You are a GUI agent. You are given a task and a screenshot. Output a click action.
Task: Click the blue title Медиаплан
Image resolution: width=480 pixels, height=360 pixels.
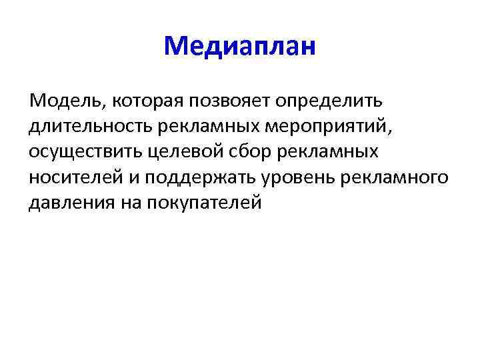[x=239, y=46]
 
